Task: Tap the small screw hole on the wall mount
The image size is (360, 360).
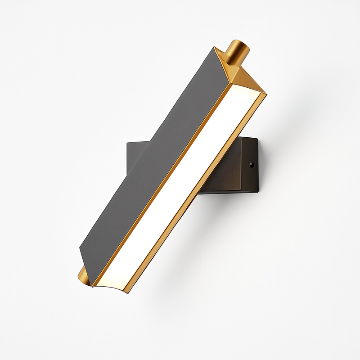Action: click(252, 165)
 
